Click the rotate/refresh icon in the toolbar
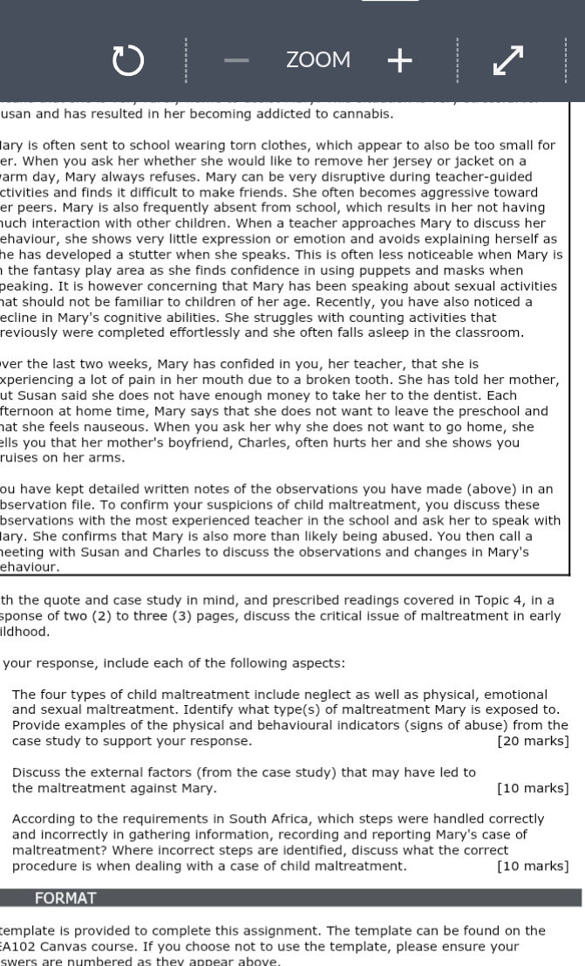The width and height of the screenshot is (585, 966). (127, 60)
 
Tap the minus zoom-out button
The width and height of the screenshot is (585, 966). (236, 60)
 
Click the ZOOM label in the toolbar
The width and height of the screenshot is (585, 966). (318, 60)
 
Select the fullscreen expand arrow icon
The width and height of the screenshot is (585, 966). (507, 60)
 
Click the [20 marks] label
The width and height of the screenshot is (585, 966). (533, 741)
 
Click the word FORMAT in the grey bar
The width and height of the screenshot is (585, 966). (65, 898)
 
